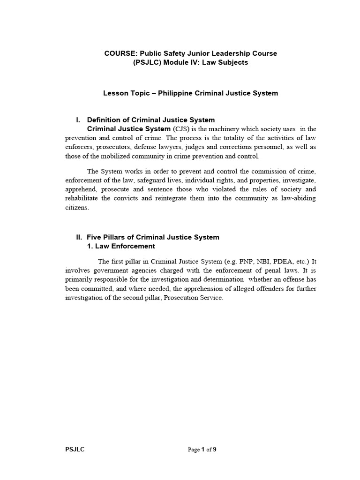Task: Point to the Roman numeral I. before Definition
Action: pos(79,120)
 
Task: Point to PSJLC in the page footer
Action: pos(75,450)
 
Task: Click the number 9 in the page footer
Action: pos(215,450)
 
